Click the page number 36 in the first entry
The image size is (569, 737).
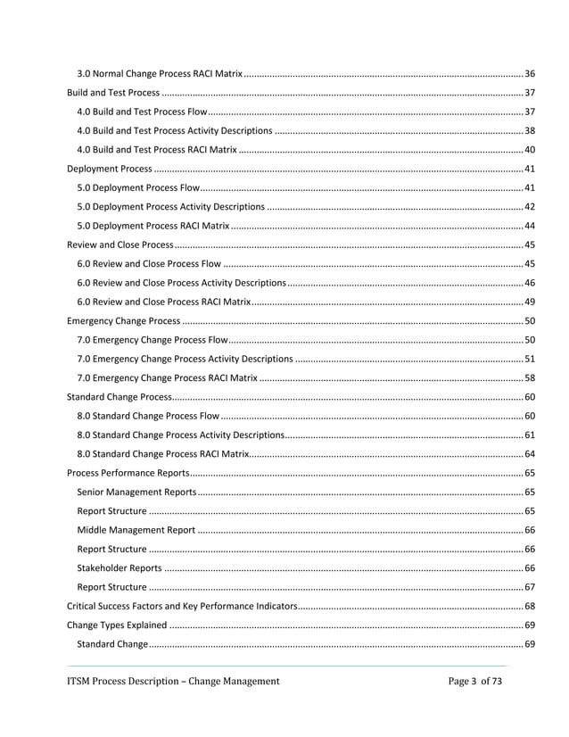(x=529, y=72)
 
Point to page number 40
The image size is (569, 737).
(x=529, y=150)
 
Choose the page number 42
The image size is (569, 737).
(x=529, y=206)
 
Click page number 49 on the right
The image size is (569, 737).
(x=529, y=302)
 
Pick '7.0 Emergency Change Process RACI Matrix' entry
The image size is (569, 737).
(x=168, y=377)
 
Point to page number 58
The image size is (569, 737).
(x=529, y=377)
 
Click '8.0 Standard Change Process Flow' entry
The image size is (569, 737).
(x=148, y=415)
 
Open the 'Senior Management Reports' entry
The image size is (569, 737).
(x=136, y=492)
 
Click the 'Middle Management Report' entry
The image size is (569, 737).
(x=136, y=530)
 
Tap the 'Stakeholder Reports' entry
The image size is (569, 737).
(x=120, y=567)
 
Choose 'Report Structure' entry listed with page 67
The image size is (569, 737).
(x=111, y=587)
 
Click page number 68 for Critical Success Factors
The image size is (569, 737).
(x=529, y=606)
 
